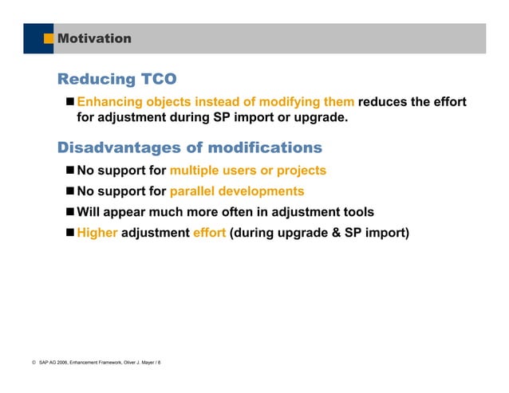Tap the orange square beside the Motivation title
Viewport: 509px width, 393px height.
pos(49,38)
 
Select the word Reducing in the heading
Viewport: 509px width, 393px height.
pos(97,80)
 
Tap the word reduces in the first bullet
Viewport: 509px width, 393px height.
pos(388,102)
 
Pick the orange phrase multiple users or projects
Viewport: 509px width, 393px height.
pos(248,171)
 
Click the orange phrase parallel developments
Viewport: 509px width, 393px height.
pos(237,191)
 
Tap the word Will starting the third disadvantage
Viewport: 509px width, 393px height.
pos(89,212)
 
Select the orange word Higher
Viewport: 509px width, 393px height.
pos(97,234)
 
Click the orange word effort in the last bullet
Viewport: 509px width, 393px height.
pos(210,234)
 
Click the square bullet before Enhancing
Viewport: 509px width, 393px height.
pos(69,102)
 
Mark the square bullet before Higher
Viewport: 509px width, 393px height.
pos(69,234)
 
